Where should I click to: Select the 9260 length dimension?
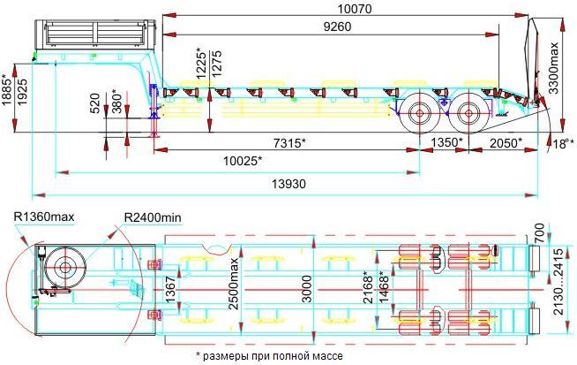click(x=326, y=27)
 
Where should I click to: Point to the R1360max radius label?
click(x=42, y=217)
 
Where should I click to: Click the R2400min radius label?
click(x=155, y=217)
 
